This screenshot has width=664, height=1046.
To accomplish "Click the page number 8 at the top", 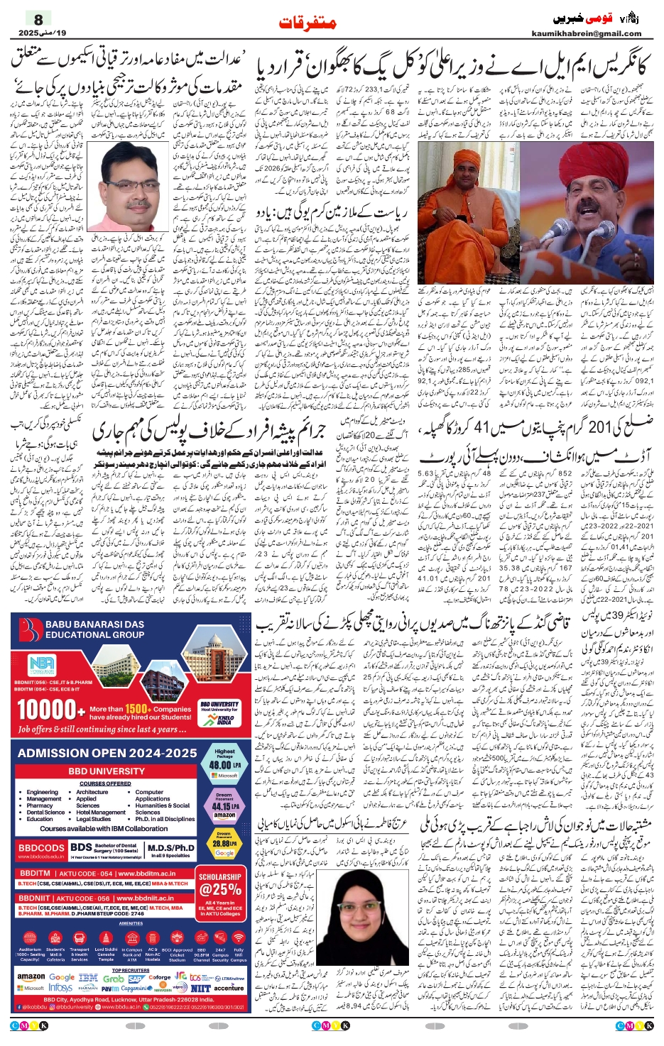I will (38, 20).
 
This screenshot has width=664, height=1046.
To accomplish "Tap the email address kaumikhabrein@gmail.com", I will (586, 33).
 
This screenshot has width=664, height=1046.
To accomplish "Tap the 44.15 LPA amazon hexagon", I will (224, 806).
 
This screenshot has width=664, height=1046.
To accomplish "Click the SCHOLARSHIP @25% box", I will (220, 886).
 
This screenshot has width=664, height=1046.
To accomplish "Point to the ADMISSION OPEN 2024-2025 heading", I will (107, 753).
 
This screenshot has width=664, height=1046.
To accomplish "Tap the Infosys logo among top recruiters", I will (61, 988).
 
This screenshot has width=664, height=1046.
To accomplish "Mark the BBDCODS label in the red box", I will (41, 848).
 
